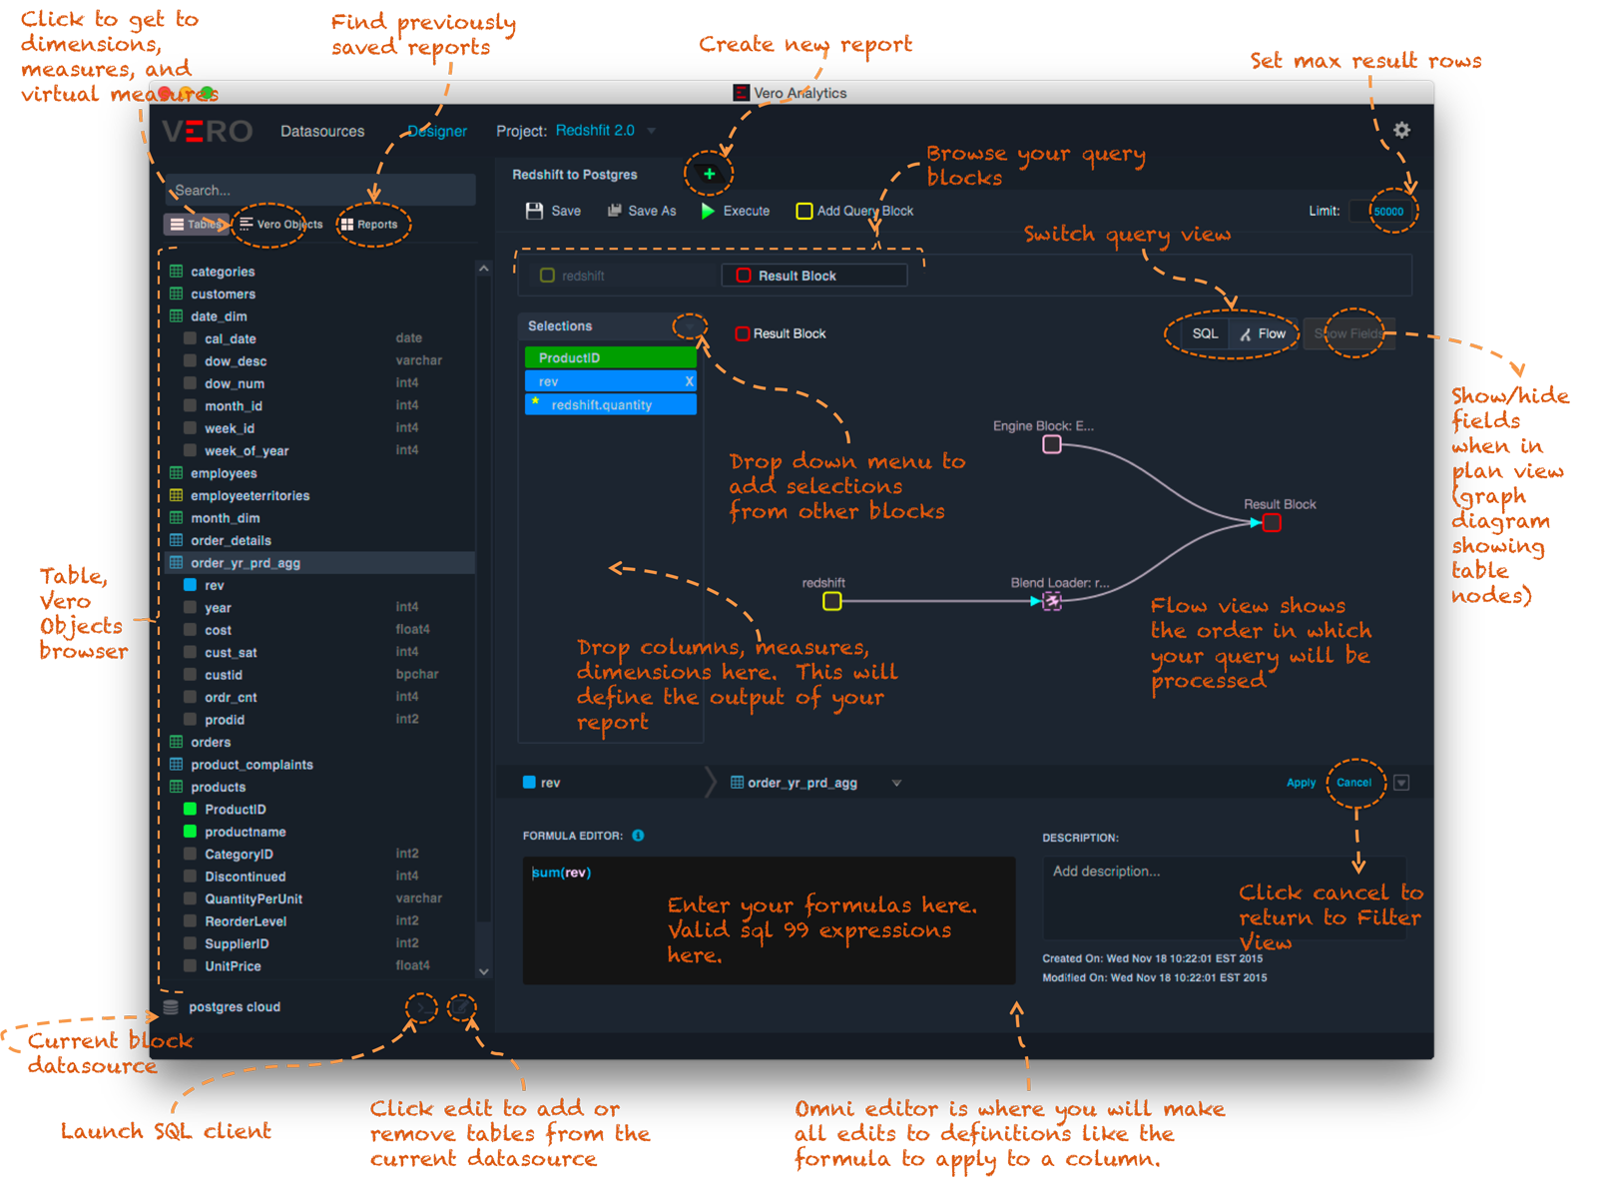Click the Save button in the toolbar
pos(554,211)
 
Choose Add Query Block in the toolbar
pos(854,211)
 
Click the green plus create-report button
pos(709,174)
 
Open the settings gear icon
pos(1401,130)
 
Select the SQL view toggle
pos(1205,333)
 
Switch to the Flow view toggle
pos(1264,333)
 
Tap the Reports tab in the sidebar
pos(370,225)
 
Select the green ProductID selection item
pos(610,357)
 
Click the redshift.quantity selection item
pos(610,404)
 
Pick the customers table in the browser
pos(223,294)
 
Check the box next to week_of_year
pos(190,450)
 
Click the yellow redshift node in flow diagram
pos(831,601)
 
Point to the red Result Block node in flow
pos(1272,523)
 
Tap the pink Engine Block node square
pos(1052,444)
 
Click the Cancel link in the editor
pos(1353,783)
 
